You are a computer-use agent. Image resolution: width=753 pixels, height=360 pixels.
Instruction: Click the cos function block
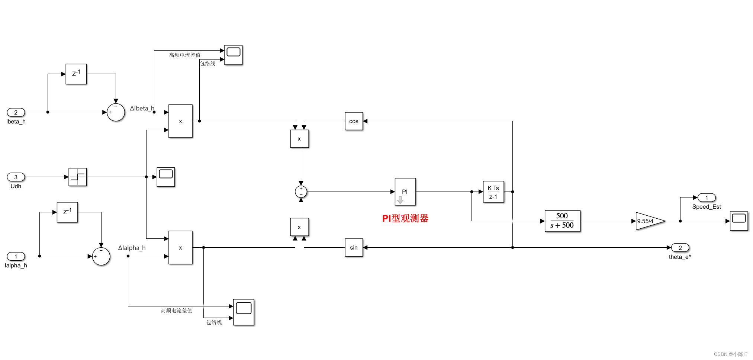[x=354, y=121]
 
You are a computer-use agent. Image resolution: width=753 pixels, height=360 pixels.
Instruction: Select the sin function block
[x=354, y=248]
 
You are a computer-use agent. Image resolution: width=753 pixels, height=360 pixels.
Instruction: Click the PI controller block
[x=405, y=192]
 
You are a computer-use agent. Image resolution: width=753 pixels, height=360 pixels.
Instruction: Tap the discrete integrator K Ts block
[x=493, y=192]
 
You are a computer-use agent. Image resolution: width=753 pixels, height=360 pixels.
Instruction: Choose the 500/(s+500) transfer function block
[x=562, y=221]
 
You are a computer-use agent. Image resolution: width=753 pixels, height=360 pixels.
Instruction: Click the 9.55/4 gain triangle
[x=649, y=221]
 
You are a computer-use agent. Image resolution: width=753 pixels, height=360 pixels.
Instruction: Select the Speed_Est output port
[x=707, y=197]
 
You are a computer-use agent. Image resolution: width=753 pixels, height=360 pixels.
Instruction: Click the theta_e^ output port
[x=680, y=248]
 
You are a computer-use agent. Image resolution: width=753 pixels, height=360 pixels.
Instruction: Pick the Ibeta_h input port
[x=16, y=112]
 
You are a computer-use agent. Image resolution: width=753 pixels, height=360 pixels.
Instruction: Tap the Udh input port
[x=16, y=177]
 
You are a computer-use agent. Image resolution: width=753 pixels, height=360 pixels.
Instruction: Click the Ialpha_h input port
[x=16, y=256]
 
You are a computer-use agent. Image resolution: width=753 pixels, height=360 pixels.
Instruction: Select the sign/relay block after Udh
[x=78, y=177]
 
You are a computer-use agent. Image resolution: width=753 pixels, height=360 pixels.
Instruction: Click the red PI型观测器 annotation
[x=405, y=218]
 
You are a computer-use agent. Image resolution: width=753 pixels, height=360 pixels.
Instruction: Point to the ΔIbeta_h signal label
[x=142, y=109]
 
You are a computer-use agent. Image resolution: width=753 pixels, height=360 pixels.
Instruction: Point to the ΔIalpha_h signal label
[x=132, y=248]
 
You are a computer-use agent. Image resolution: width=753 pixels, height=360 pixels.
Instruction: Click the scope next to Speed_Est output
[x=738, y=221]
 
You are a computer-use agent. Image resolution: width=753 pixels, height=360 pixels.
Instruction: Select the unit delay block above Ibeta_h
[x=76, y=74]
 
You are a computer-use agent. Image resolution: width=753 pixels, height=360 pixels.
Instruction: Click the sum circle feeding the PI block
[x=301, y=192]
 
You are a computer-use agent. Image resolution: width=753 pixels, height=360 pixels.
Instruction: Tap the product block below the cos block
[x=299, y=139]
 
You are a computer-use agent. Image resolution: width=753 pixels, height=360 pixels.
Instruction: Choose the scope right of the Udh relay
[x=166, y=177]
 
